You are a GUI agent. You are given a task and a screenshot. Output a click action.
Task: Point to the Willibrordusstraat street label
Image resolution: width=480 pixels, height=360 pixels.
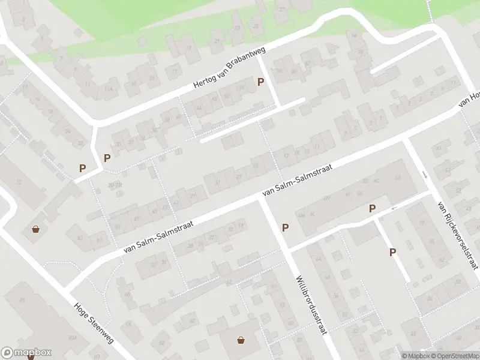coord(310,304)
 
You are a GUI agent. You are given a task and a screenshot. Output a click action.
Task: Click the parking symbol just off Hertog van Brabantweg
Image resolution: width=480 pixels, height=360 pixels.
coord(260,82)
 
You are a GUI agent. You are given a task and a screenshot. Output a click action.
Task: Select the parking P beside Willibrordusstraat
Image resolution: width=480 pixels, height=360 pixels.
coord(285,227)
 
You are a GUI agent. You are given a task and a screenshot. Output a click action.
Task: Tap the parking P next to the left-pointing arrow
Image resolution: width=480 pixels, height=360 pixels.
coord(372,209)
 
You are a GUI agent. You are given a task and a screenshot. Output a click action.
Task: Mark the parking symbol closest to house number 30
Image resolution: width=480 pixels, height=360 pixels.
coord(107,158)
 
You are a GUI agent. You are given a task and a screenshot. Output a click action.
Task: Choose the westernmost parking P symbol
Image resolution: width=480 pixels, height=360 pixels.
coord(82,169)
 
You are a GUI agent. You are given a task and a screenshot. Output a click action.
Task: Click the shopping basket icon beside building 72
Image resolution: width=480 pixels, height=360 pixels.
coord(36,229)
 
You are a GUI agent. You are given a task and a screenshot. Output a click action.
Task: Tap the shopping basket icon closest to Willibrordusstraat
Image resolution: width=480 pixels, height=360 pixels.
coord(241,340)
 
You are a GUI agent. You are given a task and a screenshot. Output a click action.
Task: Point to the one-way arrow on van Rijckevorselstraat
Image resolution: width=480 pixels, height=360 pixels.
coord(425,175)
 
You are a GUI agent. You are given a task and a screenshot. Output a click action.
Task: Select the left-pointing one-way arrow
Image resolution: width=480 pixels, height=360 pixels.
coord(394,208)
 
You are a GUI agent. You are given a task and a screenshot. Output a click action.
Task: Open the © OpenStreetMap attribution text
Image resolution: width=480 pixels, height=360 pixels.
coord(454,356)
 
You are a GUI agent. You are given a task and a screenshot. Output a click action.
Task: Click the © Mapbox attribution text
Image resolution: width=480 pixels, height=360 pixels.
coord(415,356)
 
